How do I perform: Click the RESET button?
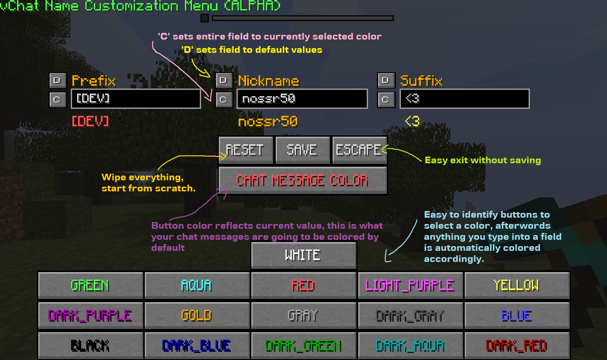tap(246, 150)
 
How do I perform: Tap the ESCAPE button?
tap(359, 150)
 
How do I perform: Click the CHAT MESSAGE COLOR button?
tap(303, 180)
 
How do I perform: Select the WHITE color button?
tap(303, 255)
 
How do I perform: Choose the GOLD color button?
tap(197, 315)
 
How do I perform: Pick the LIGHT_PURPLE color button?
tap(410, 285)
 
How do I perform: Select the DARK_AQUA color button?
tap(410, 345)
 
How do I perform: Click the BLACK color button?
tap(90, 345)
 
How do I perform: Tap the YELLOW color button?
tap(517, 285)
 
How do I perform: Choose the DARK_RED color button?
tap(517, 345)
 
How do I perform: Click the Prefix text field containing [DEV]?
tap(136, 99)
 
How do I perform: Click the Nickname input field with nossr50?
tap(302, 99)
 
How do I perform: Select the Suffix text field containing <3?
tap(464, 99)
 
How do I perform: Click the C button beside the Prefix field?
tap(58, 100)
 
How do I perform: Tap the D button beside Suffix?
tap(386, 80)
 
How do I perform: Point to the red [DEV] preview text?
tap(90, 121)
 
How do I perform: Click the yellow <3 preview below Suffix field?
tap(413, 121)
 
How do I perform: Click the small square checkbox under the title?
tap(205, 18)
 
